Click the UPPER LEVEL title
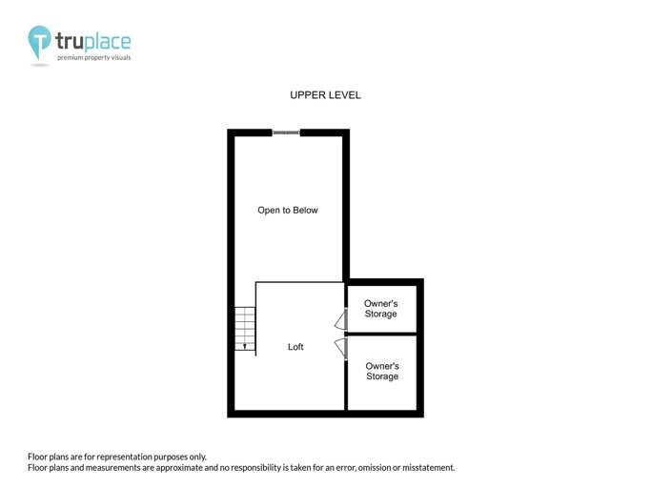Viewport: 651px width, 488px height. click(325, 95)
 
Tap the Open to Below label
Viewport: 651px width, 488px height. click(288, 210)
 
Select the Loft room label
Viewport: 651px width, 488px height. click(295, 347)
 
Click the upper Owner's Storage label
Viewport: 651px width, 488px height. click(380, 309)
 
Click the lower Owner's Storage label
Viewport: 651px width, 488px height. click(382, 371)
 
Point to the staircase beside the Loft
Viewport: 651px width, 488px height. click(246, 328)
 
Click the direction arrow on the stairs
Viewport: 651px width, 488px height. click(246, 346)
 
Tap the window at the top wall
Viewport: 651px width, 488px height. click(286, 132)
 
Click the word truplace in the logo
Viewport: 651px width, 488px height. click(92, 41)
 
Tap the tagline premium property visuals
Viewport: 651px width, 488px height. click(94, 58)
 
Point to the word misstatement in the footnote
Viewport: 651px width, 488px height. click(426, 468)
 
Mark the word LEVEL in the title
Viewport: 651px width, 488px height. click(346, 95)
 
